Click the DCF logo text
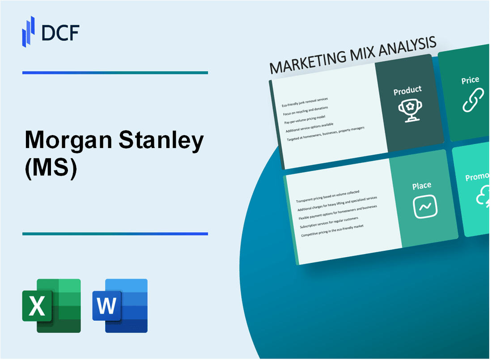[x=61, y=32]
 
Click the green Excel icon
[x=51, y=306]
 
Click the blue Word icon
[x=120, y=306]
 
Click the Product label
[x=407, y=90]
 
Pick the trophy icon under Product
[x=408, y=110]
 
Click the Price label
[x=470, y=80]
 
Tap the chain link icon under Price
[x=473, y=100]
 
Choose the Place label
[x=422, y=185]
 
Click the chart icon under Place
[x=425, y=207]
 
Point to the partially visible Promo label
[x=477, y=178]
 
